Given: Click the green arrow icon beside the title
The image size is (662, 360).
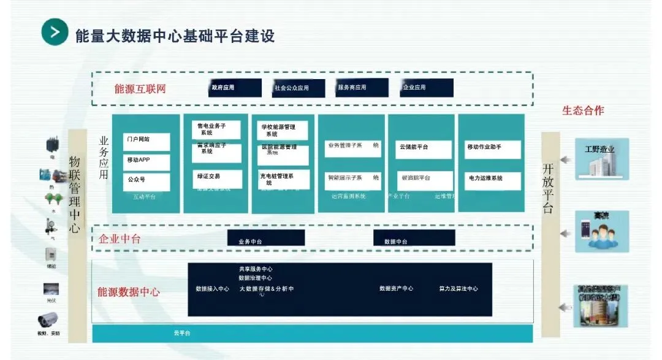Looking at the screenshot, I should tap(55, 33).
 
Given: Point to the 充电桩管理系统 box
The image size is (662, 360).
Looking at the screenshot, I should tap(283, 178).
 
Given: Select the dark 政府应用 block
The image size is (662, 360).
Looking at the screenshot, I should tap(235, 88).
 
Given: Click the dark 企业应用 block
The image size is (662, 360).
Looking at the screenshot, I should tap(427, 88).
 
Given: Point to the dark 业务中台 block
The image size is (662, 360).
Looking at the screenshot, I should tap(265, 238).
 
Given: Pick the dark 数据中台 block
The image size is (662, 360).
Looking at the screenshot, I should tap(414, 238).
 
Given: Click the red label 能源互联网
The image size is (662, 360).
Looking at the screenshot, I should tap(140, 89).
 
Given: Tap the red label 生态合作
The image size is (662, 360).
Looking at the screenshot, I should tap(583, 110).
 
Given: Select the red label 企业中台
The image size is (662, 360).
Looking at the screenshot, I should tap(120, 239).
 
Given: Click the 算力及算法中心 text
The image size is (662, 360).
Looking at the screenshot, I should tap(458, 288).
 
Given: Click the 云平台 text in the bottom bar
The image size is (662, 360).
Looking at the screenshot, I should tap(182, 333).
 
